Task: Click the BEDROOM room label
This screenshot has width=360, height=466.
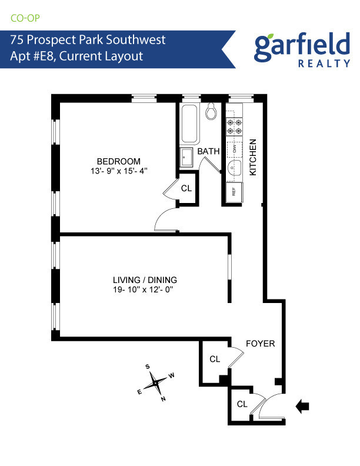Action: coord(119,162)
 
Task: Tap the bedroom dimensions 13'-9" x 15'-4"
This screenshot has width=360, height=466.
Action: coord(119,172)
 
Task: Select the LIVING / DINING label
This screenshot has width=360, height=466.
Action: coord(145,280)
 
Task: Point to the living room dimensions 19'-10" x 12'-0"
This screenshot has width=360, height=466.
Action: coord(145,290)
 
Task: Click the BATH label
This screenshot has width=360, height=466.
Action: coord(208,151)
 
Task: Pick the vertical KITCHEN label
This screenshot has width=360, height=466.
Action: coord(254,157)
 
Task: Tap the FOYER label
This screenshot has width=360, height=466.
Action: coord(260,344)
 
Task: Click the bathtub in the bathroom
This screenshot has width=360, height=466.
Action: coord(190,124)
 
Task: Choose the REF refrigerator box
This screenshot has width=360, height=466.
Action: coord(233,191)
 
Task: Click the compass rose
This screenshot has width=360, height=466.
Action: coord(156,382)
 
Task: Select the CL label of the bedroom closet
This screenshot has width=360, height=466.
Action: coord(186,189)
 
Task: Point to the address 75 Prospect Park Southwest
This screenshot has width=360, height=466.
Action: coord(88,40)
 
